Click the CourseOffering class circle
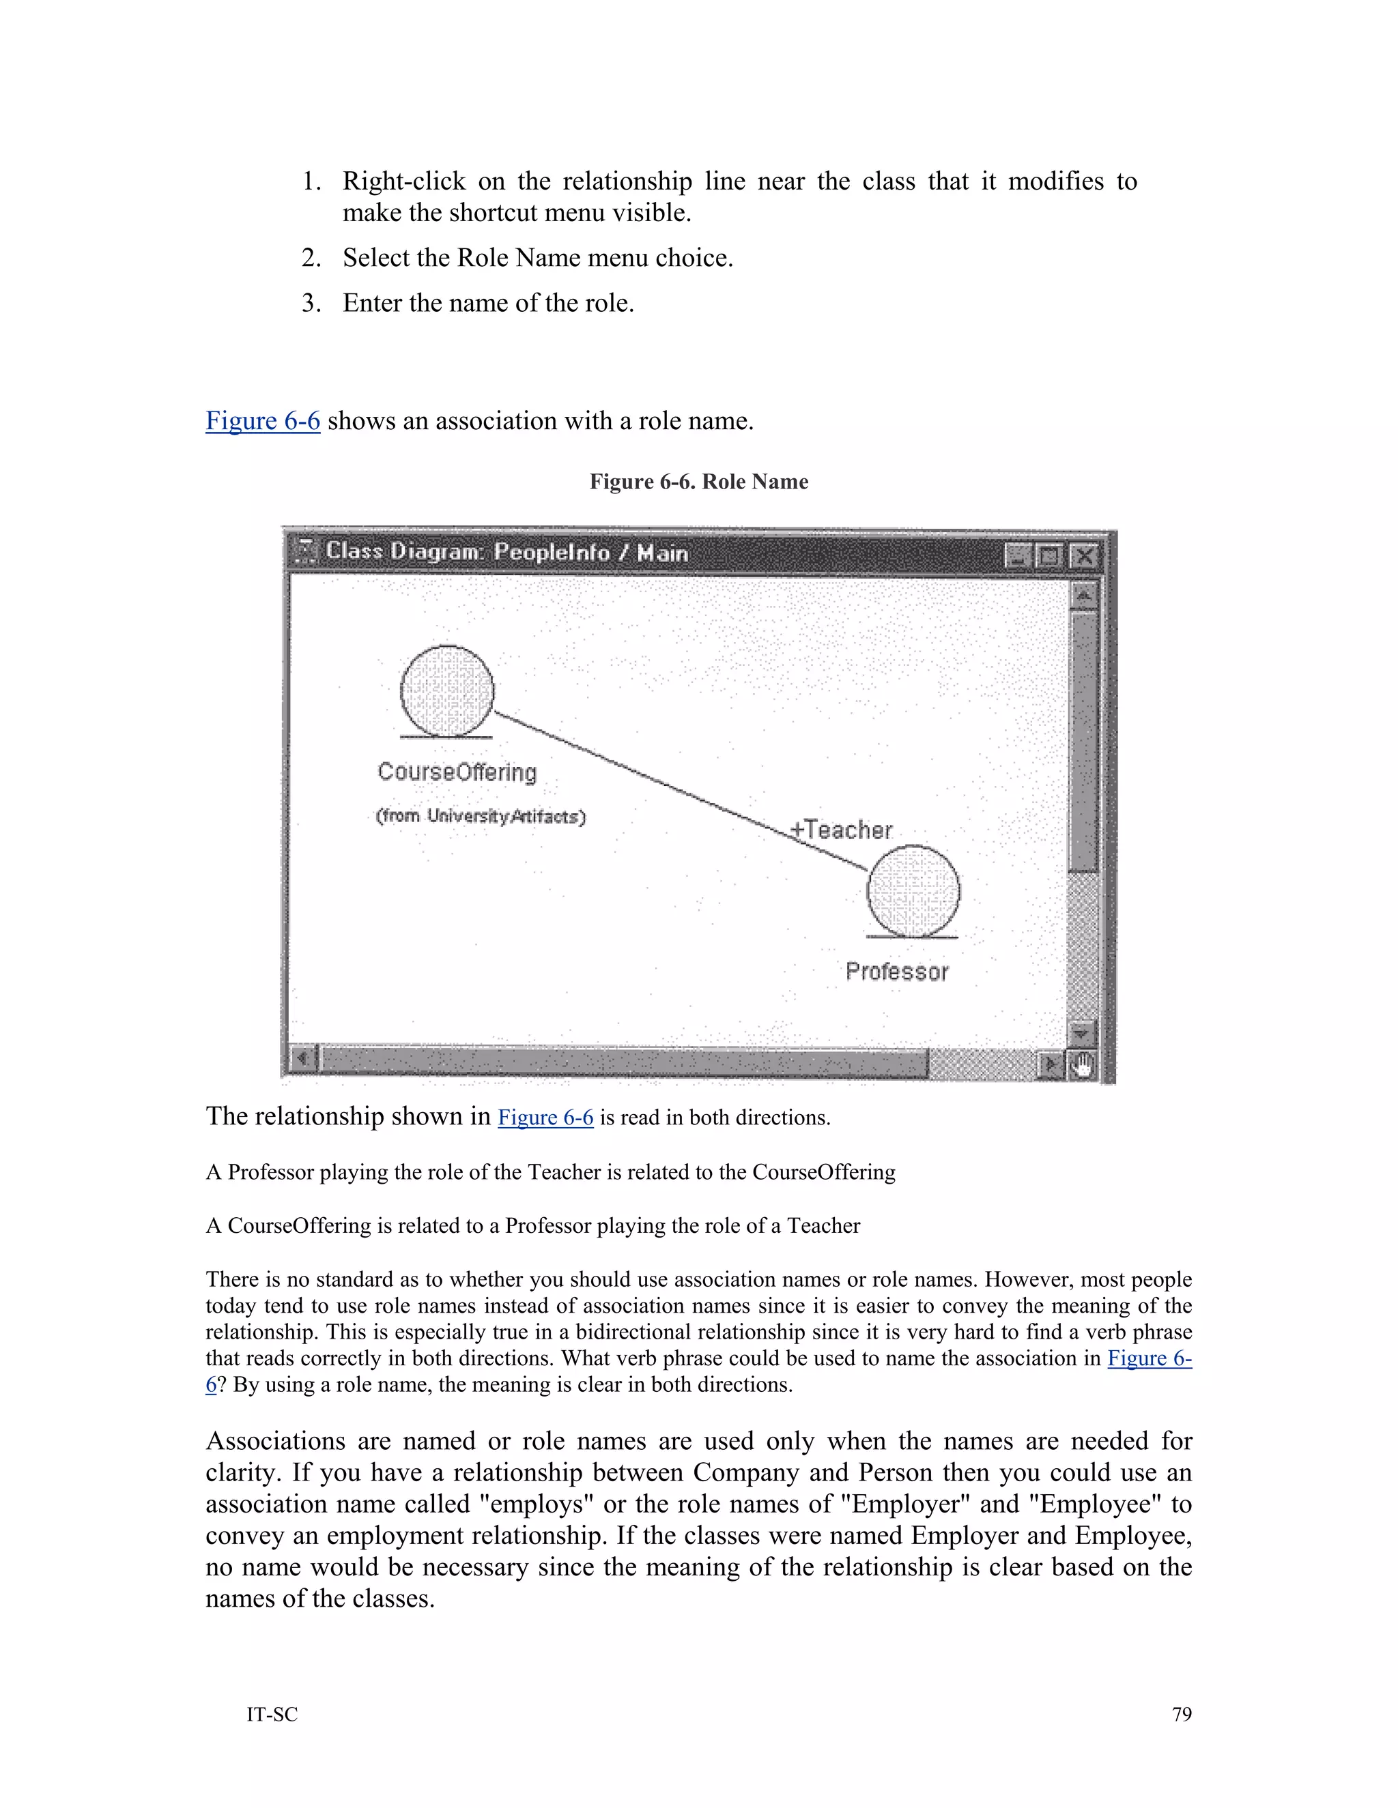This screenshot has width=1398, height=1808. point(447,690)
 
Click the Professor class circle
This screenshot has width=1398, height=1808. point(913,891)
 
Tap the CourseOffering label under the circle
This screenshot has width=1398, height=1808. point(457,772)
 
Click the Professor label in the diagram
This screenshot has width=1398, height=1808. point(897,971)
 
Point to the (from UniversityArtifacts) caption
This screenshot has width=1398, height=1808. point(481,816)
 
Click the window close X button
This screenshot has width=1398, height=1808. point(1084,555)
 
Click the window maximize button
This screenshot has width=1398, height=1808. point(1049,555)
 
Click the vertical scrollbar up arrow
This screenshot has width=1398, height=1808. point(1083,594)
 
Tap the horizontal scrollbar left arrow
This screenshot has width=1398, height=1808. point(303,1059)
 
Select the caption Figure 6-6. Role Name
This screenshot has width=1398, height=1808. point(698,482)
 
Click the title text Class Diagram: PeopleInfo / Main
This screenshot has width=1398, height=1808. point(507,552)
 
